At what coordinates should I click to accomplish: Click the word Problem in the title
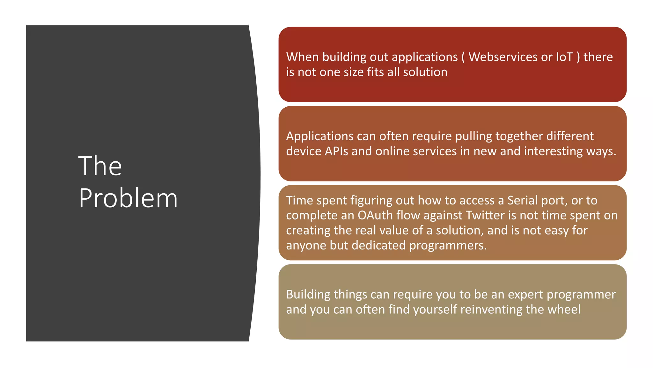[x=128, y=198]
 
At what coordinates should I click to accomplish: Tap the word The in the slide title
[x=100, y=166]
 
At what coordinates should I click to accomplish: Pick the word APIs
[x=336, y=151]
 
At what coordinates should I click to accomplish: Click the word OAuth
[x=375, y=215]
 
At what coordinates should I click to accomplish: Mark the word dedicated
[x=378, y=245]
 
